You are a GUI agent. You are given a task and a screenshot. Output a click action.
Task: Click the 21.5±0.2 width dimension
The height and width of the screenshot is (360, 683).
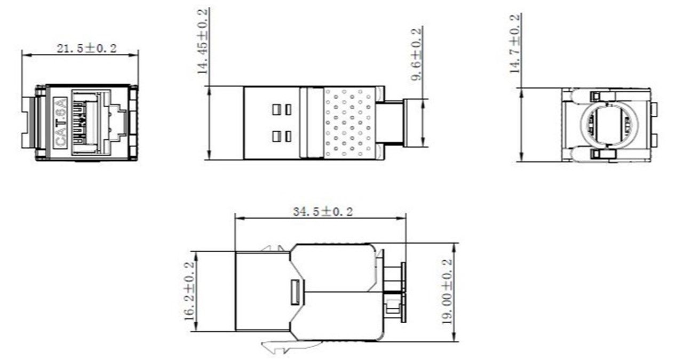(86, 49)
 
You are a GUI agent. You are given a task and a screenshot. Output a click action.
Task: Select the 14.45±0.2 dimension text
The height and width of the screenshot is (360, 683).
(202, 41)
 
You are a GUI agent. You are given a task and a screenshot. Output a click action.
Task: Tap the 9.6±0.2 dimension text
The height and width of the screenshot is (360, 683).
(416, 54)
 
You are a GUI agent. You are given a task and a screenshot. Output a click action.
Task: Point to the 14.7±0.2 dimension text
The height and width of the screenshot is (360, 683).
(515, 44)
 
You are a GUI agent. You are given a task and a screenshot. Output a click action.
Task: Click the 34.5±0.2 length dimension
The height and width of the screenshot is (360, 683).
(323, 212)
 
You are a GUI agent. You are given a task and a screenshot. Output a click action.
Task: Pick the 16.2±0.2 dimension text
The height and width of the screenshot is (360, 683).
(189, 291)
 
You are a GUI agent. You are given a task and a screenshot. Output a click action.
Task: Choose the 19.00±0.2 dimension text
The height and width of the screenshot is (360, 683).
(447, 291)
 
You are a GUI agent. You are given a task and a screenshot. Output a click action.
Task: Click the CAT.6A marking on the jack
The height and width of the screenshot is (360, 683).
(60, 122)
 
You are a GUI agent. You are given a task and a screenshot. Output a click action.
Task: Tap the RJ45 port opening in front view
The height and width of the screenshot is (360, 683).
(91, 122)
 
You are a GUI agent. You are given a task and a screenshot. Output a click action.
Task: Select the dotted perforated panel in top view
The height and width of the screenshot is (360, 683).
(348, 123)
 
